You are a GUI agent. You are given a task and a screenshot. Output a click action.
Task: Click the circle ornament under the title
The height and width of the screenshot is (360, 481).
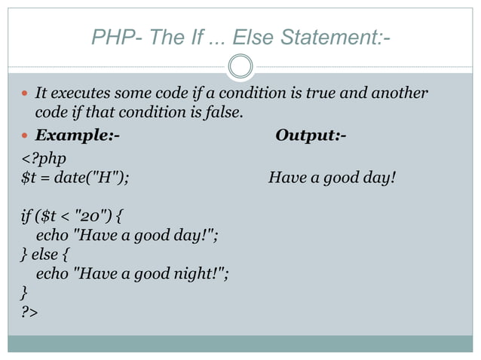(x=240, y=66)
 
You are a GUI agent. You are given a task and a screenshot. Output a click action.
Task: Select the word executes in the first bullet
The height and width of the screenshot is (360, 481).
(x=80, y=94)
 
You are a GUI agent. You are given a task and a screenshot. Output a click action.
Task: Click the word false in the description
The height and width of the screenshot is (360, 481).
(x=223, y=113)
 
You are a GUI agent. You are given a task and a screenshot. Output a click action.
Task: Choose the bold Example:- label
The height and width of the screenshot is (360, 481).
(x=77, y=136)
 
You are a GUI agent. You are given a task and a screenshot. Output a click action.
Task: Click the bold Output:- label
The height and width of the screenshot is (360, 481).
(x=311, y=136)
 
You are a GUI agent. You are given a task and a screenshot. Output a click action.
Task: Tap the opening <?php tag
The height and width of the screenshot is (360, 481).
(x=44, y=158)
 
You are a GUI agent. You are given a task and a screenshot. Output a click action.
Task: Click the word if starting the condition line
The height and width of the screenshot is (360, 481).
(x=27, y=218)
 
